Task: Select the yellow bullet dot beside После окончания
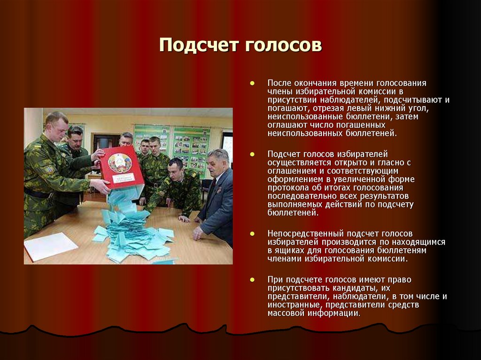252,83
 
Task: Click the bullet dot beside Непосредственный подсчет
252,233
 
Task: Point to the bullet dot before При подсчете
252,279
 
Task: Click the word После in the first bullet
279,83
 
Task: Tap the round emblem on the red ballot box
120,163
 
